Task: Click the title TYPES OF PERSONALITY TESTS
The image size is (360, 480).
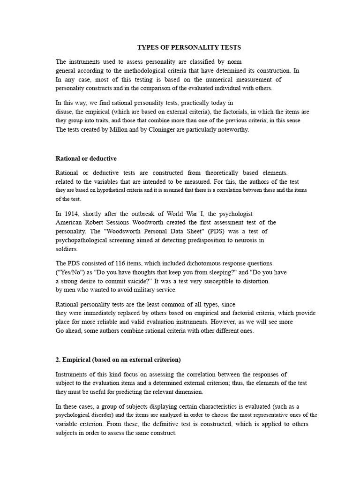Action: tap(189, 47)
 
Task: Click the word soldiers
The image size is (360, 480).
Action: tap(67, 249)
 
